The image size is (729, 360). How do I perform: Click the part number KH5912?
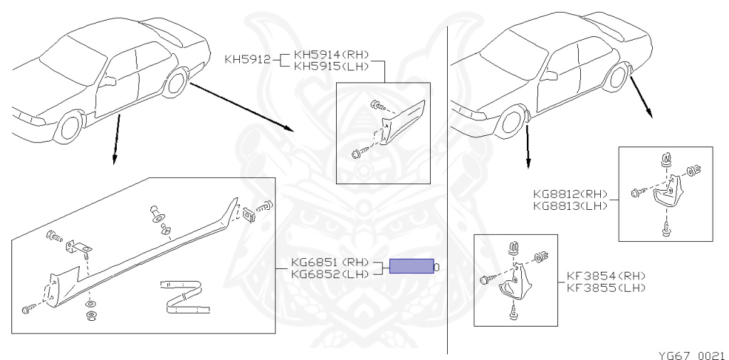click(247, 60)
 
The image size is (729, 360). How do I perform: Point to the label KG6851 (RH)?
click(330, 263)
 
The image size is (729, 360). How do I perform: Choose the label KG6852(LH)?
click(330, 274)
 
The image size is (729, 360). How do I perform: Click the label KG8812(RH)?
click(570, 194)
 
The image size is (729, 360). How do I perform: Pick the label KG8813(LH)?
click(570, 205)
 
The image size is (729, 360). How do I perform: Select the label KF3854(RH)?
click(607, 276)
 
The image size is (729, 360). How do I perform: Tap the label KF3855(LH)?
click(607, 287)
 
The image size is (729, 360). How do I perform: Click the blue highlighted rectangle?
click(411, 266)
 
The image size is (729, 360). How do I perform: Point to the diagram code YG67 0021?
click(691, 355)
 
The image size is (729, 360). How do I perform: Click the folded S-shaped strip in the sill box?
click(184, 297)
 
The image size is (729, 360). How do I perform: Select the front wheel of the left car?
click(69, 127)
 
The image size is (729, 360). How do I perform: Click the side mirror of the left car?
click(108, 81)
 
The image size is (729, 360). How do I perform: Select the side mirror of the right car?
click(550, 75)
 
